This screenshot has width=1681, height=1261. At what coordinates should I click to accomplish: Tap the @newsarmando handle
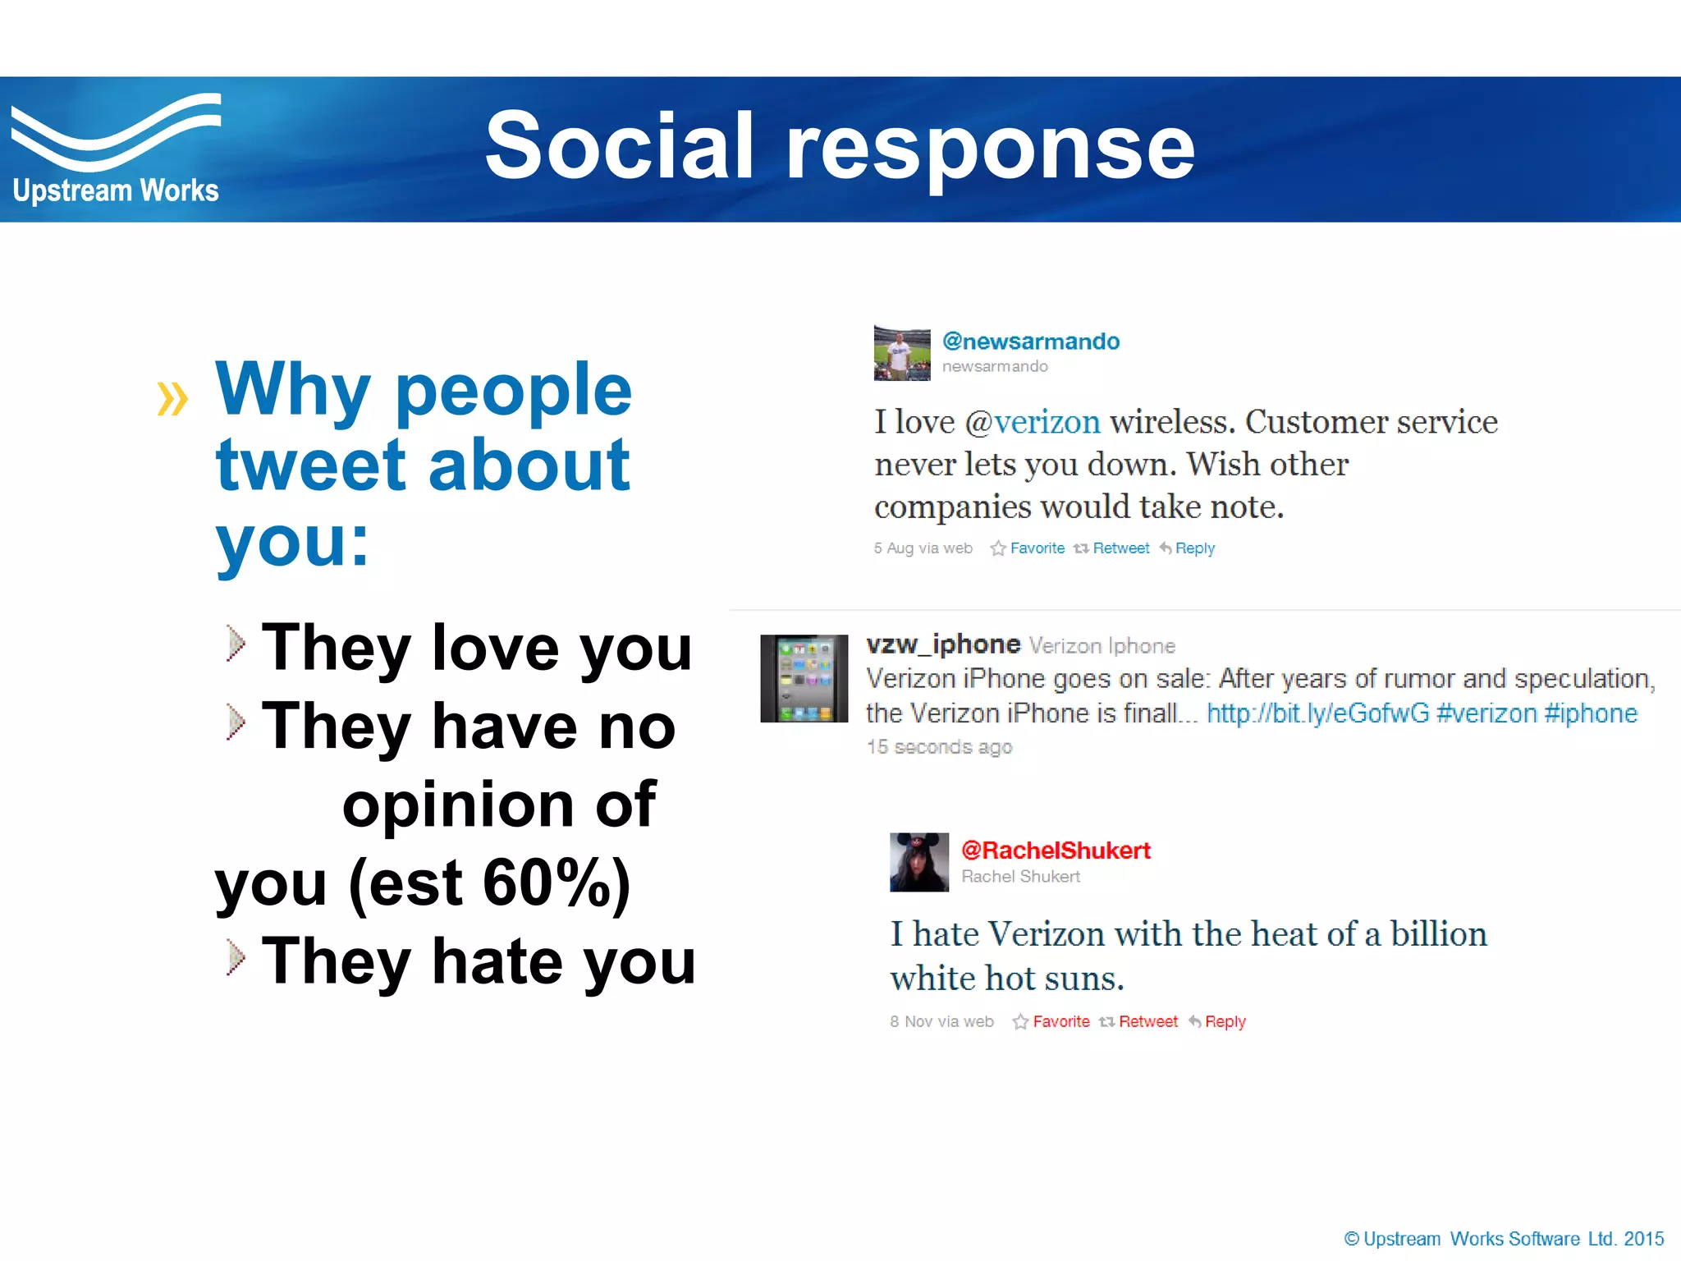pos(1031,342)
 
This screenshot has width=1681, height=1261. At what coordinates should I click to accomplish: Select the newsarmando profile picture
pos(902,353)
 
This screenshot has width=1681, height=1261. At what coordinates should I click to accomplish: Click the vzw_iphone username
pos(943,644)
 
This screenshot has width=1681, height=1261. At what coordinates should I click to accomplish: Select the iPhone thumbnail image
pos(804,678)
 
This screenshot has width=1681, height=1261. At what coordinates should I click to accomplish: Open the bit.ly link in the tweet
pos(1317,713)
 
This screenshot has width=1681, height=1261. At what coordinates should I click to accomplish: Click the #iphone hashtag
pos(1591,713)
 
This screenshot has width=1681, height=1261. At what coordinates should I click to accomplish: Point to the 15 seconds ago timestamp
pos(939,747)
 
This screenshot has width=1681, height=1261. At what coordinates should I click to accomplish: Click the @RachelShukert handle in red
pos(1056,851)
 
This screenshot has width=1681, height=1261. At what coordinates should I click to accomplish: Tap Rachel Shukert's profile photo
pos(919,862)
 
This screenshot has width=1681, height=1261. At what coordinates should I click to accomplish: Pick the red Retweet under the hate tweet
pos(1147,1022)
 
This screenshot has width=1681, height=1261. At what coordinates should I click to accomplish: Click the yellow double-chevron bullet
pos(172,399)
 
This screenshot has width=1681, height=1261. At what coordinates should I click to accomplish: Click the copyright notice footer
pos(1504,1239)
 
